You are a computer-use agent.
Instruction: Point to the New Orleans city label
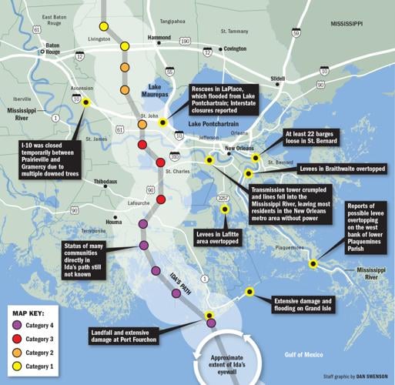(239, 149)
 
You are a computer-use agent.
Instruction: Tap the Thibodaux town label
(105, 182)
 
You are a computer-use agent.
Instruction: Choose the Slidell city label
(278, 79)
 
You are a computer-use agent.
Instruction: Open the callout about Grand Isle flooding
(303, 305)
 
